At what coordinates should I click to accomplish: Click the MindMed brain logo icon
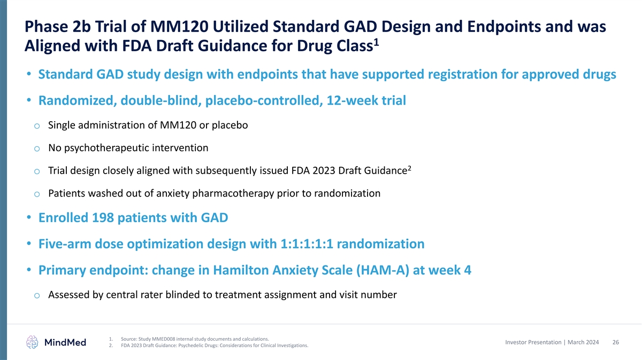click(x=32, y=342)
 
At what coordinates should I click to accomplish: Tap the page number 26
click(x=616, y=342)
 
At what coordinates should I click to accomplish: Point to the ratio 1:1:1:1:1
click(x=307, y=244)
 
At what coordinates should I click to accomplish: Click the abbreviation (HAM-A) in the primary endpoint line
click(x=383, y=270)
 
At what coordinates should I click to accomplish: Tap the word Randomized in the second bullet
click(x=78, y=100)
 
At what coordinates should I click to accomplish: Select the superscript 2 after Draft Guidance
click(x=410, y=168)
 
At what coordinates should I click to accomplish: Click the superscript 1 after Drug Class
click(x=376, y=43)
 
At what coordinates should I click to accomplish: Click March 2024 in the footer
click(x=583, y=342)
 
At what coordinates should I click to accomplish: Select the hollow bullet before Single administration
click(x=37, y=126)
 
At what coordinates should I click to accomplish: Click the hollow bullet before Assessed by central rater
click(x=37, y=295)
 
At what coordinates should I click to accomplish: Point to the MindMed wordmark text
click(x=65, y=342)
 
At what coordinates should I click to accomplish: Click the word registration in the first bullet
click(x=462, y=74)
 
